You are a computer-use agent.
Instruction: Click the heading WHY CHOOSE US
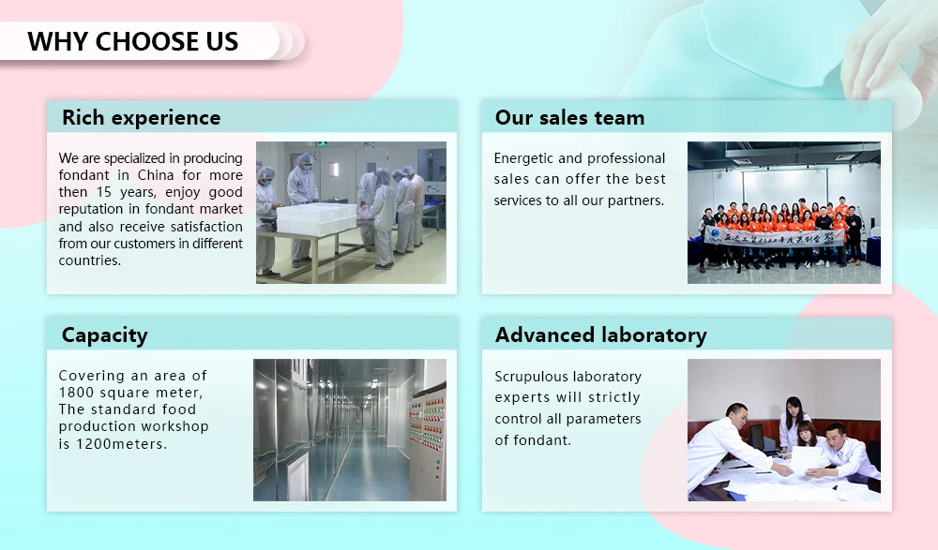point(132,41)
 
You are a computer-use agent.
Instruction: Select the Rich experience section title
point(141,118)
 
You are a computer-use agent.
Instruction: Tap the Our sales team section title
point(569,118)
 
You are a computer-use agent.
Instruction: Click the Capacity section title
point(104,335)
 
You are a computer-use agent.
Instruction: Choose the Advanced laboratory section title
point(600,335)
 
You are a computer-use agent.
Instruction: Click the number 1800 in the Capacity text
point(77,393)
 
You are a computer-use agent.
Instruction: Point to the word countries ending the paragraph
point(90,260)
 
